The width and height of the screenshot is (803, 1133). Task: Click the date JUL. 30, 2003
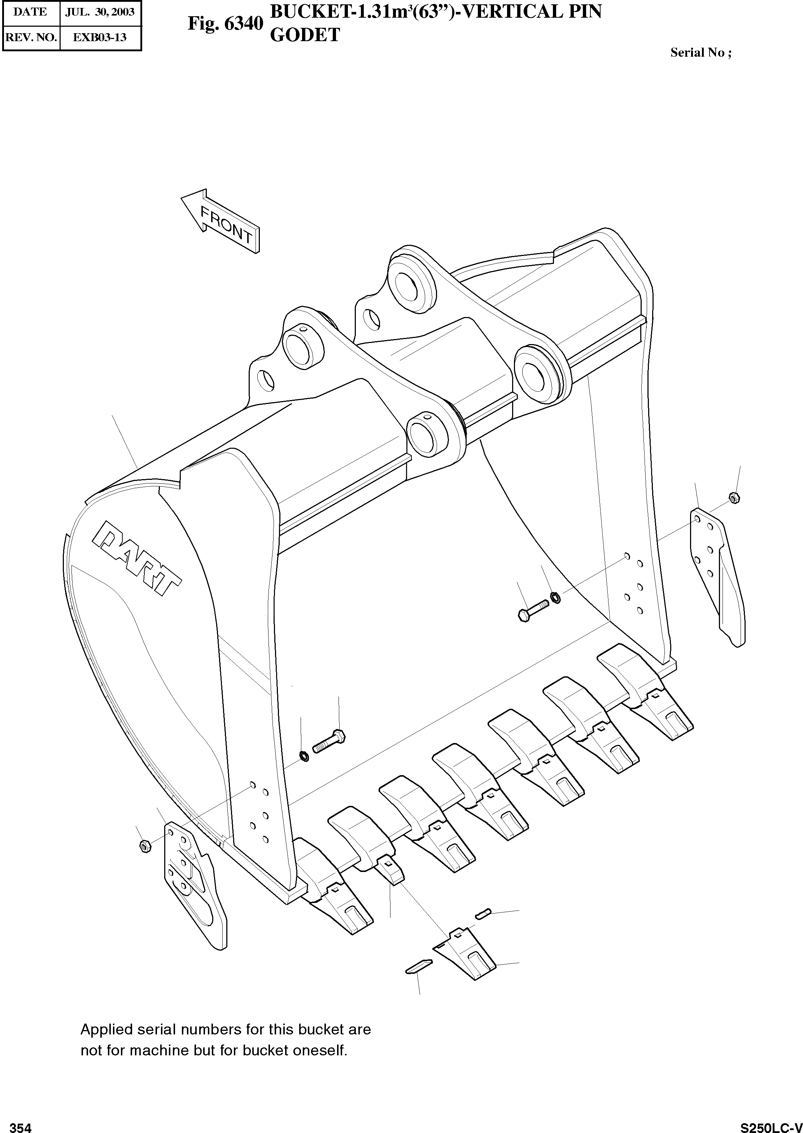pyautogui.click(x=100, y=12)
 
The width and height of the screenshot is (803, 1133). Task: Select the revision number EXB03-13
pyautogui.click(x=100, y=38)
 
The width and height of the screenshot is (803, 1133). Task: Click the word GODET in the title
pyautogui.click(x=305, y=35)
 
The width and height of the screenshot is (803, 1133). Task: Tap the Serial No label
pyautogui.click(x=700, y=53)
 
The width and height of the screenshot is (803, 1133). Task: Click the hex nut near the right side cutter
pyautogui.click(x=734, y=498)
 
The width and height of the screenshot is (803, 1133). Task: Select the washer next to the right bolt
pyautogui.click(x=556, y=598)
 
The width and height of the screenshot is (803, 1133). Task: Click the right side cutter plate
pyautogui.click(x=717, y=574)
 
